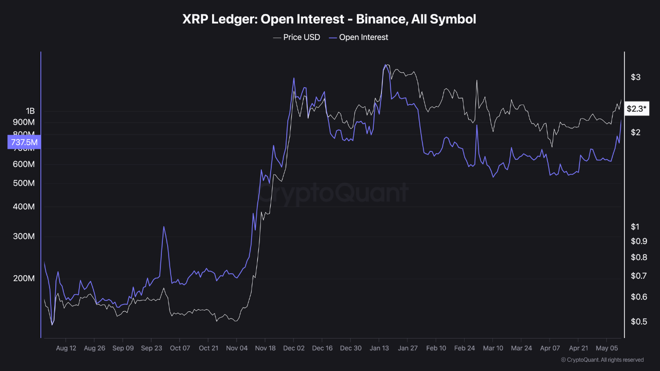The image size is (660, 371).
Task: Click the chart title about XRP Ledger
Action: click(x=329, y=20)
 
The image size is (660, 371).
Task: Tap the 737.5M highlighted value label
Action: click(x=24, y=142)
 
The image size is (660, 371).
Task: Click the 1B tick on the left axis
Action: click(x=30, y=111)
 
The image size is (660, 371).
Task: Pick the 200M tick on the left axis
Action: click(x=24, y=279)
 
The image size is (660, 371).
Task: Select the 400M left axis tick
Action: click(x=24, y=207)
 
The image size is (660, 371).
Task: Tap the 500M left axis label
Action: click(x=24, y=183)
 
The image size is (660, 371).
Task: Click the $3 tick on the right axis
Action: click(x=635, y=77)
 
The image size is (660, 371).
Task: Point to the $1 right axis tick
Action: click(x=635, y=227)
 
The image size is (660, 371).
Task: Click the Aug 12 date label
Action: click(x=66, y=348)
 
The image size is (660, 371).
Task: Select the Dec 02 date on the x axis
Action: click(x=294, y=348)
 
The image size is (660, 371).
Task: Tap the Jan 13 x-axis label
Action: click(x=379, y=348)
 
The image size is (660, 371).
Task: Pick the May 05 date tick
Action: click(x=607, y=348)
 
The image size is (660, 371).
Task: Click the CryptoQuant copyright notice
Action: click(x=602, y=360)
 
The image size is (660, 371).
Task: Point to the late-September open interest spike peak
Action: click(x=163, y=227)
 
